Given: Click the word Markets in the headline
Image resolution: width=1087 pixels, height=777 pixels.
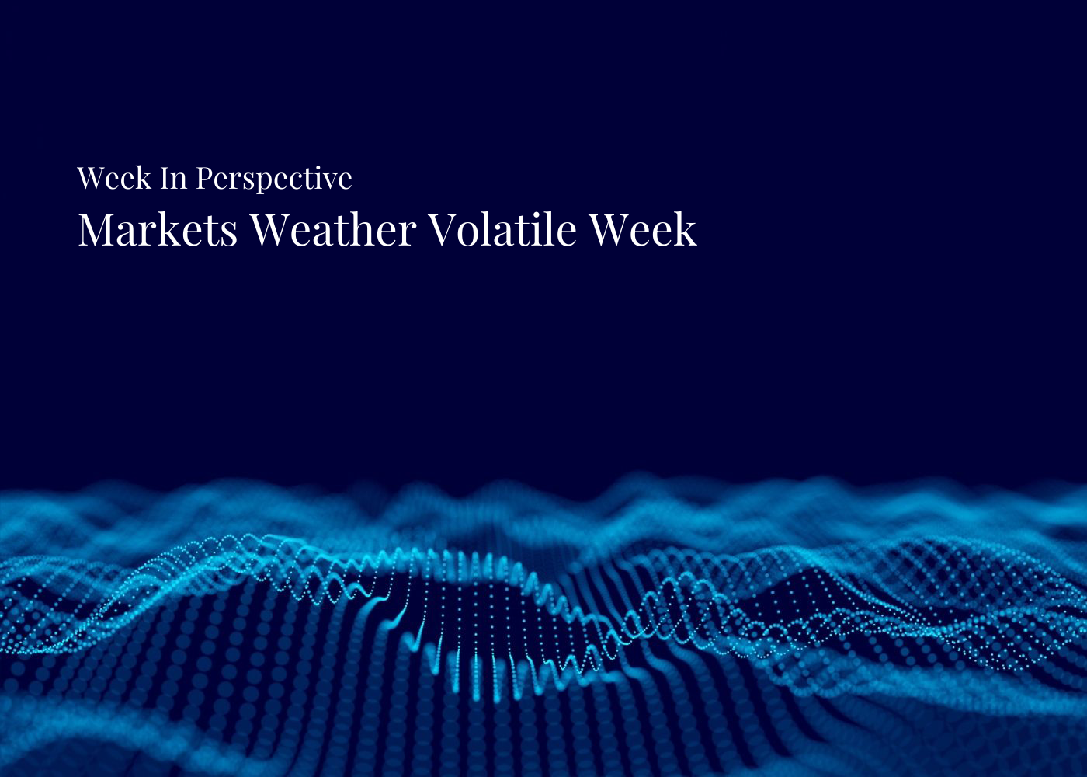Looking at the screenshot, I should pos(158,230).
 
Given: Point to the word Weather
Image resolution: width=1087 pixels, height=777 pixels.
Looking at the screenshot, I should pos(333,230).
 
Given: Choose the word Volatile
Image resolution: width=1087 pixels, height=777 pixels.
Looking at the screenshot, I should pos(502,230).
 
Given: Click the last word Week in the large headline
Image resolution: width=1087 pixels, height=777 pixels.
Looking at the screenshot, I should pos(642,230).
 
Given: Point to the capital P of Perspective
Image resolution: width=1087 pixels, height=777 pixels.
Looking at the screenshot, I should pos(203,179).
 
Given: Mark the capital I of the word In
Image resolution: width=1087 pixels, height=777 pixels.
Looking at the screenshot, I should pos(166,179).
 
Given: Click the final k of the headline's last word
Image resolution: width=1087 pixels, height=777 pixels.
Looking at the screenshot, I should pos(685,230).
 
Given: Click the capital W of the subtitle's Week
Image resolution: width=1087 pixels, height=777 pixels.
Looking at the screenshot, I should pos(90,179).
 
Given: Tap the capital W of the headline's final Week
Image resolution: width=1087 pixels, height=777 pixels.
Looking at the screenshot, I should pos(610,230).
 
